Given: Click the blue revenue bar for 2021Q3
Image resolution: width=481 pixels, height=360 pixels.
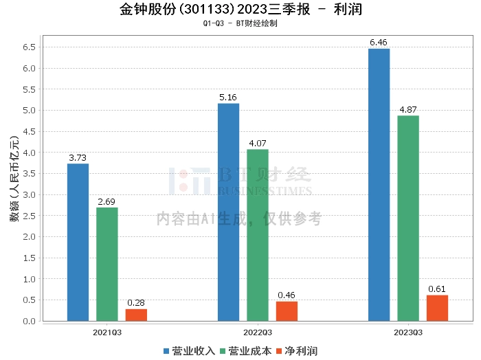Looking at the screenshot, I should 78,242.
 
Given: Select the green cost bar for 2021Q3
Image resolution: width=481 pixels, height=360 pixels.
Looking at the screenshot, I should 107,264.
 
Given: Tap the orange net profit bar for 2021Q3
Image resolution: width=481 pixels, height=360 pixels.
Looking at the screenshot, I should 136,315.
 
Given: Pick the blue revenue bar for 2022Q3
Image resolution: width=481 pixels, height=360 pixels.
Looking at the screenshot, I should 228,212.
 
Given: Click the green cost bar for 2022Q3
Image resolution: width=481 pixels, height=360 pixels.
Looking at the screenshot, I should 258,235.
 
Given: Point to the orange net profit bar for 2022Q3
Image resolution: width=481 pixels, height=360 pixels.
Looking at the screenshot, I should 287,311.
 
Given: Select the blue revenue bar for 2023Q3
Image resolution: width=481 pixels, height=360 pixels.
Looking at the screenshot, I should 379,184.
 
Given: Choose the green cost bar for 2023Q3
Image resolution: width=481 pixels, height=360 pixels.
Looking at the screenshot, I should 407,218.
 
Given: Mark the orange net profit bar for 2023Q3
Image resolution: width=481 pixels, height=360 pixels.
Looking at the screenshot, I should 437,308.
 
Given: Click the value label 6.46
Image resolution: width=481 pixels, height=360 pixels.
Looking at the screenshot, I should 379,43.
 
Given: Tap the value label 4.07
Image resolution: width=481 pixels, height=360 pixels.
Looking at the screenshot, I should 258,144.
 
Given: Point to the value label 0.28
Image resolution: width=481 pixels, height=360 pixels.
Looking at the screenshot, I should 136,303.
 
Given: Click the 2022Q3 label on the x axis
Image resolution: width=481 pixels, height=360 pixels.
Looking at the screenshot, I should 258,332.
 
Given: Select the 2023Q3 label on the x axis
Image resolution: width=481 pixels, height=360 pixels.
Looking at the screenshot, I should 408,332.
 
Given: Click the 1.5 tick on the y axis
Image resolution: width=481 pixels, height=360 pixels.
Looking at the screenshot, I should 30,258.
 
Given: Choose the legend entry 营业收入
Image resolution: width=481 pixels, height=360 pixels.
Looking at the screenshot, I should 190,350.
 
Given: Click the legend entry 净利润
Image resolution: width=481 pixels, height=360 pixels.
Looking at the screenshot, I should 296,350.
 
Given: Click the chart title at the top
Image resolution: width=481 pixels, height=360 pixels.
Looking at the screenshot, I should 240,10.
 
